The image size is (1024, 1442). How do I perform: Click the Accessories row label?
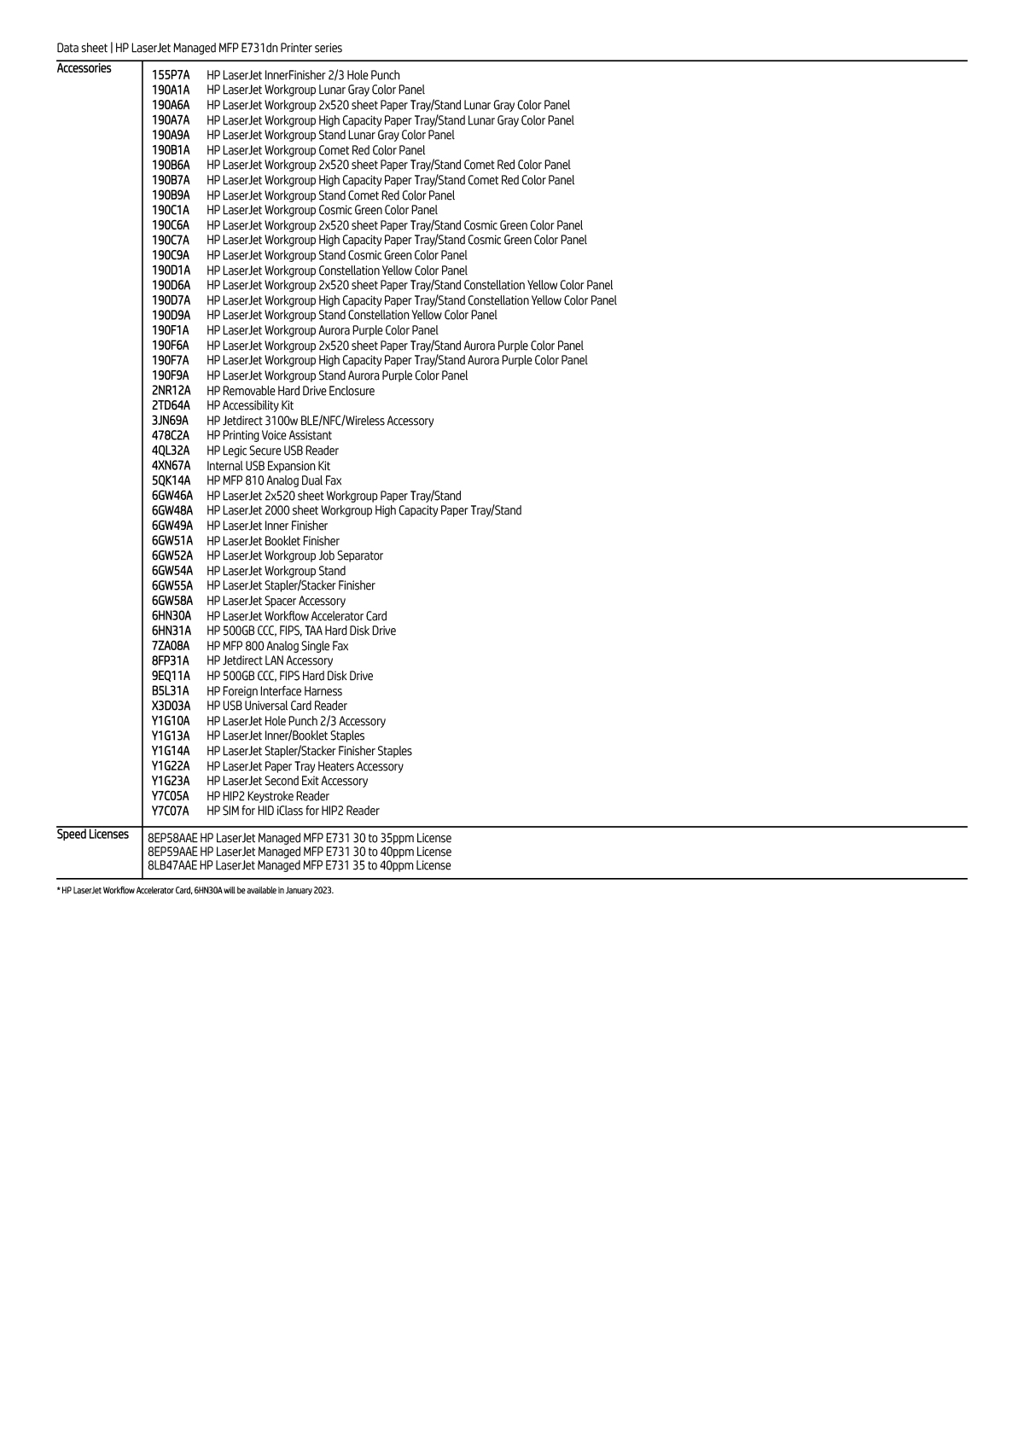click(x=84, y=69)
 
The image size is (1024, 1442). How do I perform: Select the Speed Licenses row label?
click(x=92, y=834)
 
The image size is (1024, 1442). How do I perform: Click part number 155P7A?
click(x=171, y=75)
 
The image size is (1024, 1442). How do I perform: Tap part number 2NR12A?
click(x=172, y=391)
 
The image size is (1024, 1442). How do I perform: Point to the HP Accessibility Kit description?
click(x=250, y=406)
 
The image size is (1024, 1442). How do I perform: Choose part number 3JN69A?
click(x=171, y=421)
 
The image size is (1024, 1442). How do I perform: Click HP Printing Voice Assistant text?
click(x=269, y=436)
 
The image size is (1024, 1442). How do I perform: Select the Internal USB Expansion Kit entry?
click(x=268, y=466)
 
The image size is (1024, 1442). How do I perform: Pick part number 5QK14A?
click(x=172, y=481)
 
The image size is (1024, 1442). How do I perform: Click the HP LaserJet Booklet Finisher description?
click(x=273, y=541)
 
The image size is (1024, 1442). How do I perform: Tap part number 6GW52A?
click(x=172, y=556)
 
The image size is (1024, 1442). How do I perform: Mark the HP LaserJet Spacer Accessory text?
click(x=276, y=602)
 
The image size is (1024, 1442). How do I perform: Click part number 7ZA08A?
click(x=171, y=647)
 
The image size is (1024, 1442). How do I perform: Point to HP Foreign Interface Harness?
click(x=274, y=691)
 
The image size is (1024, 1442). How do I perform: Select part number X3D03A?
click(x=172, y=706)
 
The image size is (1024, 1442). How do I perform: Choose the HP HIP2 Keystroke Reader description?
click(x=268, y=796)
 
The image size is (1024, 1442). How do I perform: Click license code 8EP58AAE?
click(x=172, y=839)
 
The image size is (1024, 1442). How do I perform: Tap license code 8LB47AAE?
click(x=172, y=866)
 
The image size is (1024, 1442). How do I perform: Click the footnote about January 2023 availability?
click(x=195, y=891)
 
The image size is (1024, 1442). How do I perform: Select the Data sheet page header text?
click(x=199, y=49)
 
